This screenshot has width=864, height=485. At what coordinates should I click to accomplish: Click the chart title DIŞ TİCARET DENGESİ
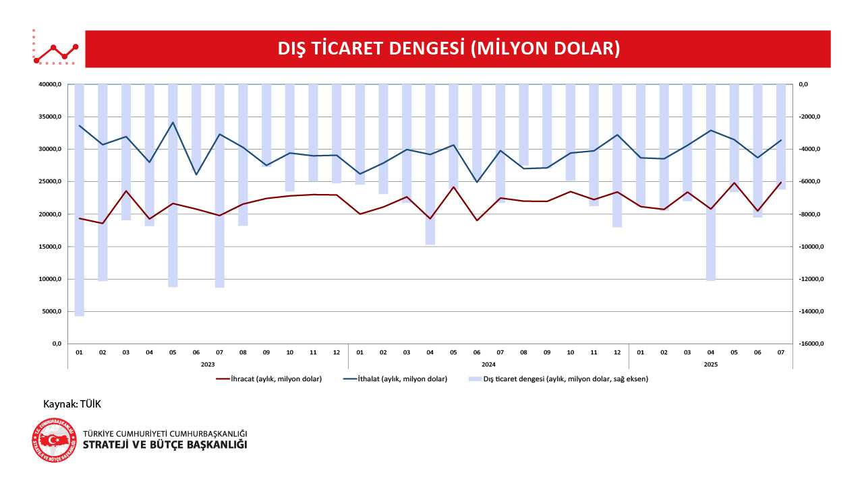click(x=449, y=48)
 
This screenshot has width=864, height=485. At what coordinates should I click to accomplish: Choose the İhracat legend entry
click(x=268, y=379)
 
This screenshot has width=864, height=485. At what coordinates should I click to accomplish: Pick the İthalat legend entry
click(x=396, y=379)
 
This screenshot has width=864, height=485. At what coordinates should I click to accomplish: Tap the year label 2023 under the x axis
click(x=208, y=364)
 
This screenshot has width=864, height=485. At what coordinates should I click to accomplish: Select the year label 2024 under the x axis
click(x=488, y=364)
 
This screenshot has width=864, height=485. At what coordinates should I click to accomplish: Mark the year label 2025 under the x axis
click(x=710, y=364)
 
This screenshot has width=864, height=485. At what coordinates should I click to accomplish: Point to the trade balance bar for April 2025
click(x=710, y=182)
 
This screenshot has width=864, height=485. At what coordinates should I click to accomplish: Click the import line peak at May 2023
click(x=173, y=123)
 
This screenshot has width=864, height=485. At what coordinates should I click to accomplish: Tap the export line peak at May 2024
click(x=453, y=187)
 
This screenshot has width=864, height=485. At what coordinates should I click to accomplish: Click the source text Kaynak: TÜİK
click(x=72, y=403)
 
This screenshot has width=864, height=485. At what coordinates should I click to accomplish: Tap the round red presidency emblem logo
click(x=55, y=441)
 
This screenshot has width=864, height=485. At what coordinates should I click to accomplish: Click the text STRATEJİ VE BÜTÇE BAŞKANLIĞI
click(x=165, y=445)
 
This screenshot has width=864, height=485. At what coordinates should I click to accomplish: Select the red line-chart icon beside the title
click(x=56, y=49)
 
